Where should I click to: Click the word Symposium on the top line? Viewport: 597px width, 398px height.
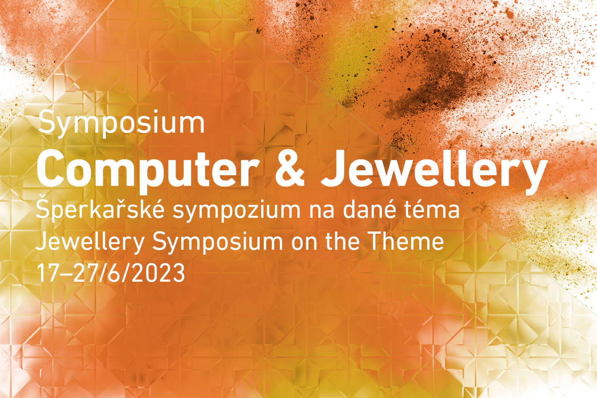122,123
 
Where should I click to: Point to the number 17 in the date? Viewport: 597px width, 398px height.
48,273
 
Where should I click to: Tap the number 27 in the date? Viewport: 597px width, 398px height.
83,273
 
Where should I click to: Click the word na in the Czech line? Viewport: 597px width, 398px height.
322,212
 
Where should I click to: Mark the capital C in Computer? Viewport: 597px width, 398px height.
52,169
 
